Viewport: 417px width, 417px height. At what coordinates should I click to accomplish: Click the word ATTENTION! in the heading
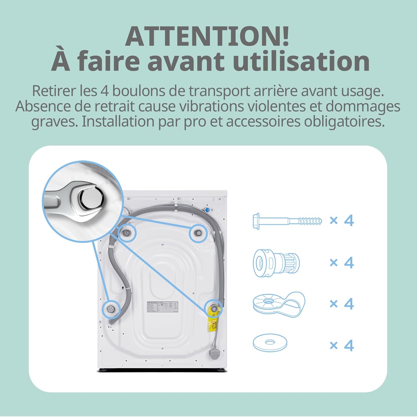click(x=207, y=36)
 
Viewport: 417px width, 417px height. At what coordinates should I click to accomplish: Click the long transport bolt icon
click(x=287, y=222)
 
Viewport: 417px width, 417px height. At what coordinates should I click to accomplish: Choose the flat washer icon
click(x=270, y=343)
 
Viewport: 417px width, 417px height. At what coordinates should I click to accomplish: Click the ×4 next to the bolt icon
click(x=342, y=221)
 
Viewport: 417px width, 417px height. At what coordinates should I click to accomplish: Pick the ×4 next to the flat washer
click(x=342, y=346)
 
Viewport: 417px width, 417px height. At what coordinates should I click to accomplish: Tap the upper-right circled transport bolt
click(x=198, y=233)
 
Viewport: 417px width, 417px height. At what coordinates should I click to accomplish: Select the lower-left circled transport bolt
click(x=111, y=309)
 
